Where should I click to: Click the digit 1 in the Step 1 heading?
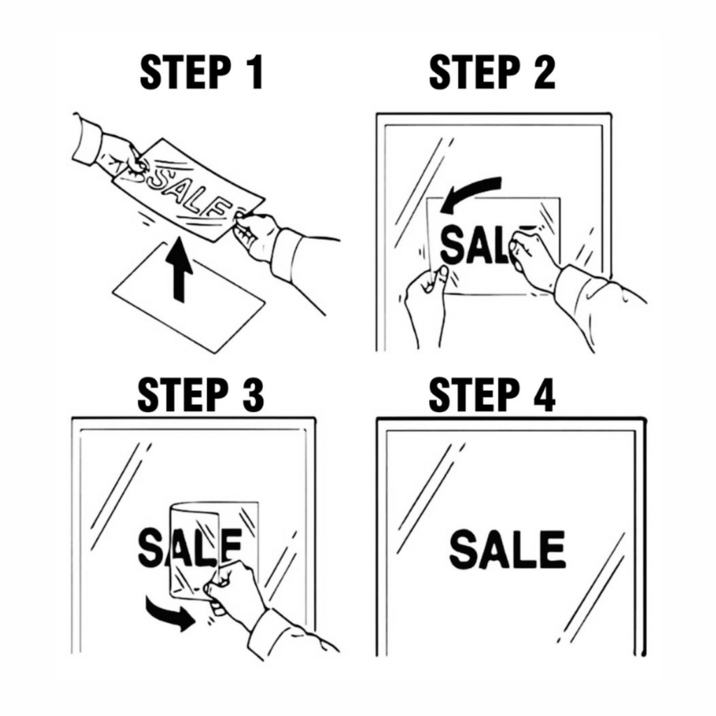[x=256, y=72]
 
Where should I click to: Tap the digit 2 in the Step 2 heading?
[x=543, y=72]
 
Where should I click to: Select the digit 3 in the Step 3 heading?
[x=252, y=394]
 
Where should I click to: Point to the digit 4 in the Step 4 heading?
[x=543, y=394]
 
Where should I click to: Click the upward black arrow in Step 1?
[x=179, y=269]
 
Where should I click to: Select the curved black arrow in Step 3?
[x=170, y=612]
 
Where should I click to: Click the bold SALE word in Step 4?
[x=508, y=549]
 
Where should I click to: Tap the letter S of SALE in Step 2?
[x=454, y=245]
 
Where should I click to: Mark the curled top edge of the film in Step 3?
[x=194, y=509]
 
